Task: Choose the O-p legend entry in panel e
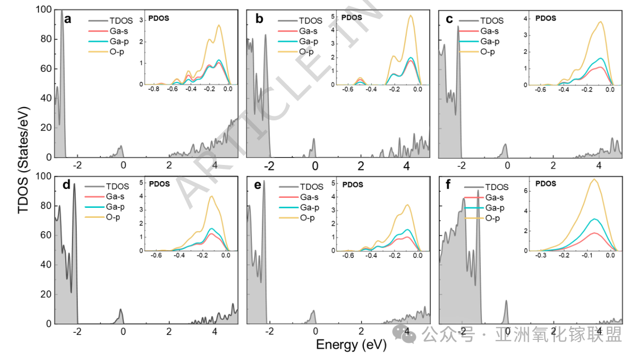(306, 217)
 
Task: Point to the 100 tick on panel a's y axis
(45, 10)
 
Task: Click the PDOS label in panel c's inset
(545, 17)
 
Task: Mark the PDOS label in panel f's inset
(545, 183)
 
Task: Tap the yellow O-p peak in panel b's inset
(411, 16)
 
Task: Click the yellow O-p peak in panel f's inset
(595, 179)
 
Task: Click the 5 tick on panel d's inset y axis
(142, 182)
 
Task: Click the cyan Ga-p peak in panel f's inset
(595, 219)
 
